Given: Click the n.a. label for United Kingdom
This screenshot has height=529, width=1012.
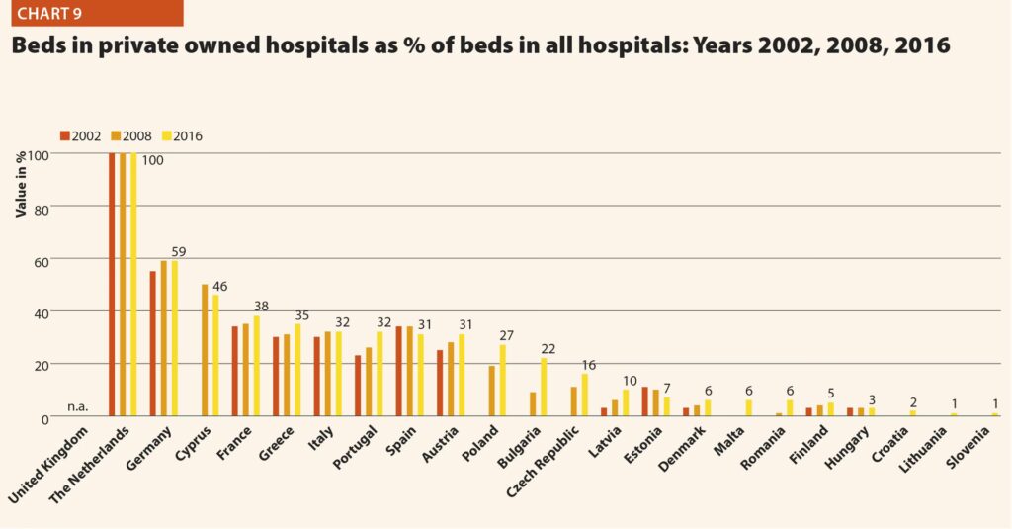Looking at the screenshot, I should (x=79, y=406).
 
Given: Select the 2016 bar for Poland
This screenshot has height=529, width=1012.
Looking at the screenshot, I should (x=502, y=381).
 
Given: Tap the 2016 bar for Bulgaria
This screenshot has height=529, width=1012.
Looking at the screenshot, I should (x=544, y=387).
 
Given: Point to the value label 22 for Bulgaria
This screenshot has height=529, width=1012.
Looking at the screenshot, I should (x=548, y=349).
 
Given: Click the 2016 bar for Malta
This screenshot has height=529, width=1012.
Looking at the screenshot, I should (x=749, y=408).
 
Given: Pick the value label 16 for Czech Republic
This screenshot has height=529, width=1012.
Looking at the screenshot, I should (x=590, y=365).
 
